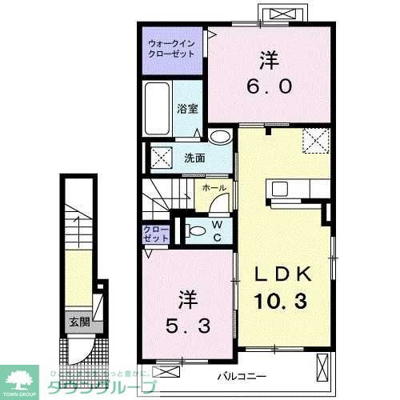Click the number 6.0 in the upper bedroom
[267, 86]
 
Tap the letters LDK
[281, 274]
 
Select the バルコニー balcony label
[244, 374]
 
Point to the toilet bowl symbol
[195, 230]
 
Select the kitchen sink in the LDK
[280, 190]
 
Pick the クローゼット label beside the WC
[155, 234]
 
